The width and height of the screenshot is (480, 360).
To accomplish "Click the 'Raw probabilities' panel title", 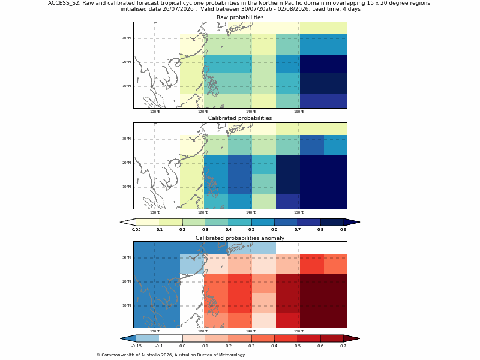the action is click(x=240, y=17).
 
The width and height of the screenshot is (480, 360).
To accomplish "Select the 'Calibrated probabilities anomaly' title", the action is click(x=240, y=238).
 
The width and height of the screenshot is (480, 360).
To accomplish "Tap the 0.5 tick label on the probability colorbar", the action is click(x=251, y=230).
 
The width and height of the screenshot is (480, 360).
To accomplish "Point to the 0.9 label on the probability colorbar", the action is click(x=343, y=230).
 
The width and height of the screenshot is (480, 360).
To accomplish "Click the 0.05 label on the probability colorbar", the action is click(x=136, y=230).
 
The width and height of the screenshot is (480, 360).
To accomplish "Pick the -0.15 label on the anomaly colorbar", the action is click(x=136, y=346).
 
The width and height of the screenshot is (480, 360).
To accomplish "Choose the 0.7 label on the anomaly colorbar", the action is click(x=343, y=346).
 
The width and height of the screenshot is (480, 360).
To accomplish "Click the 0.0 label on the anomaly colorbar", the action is click(x=182, y=346).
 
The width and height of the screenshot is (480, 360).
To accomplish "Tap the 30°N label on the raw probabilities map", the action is click(x=127, y=38).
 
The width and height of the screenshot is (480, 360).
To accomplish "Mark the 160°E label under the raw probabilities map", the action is click(x=299, y=112).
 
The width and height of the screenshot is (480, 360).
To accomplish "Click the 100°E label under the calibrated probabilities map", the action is click(x=155, y=212).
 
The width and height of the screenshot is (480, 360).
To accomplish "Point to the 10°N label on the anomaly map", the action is click(x=127, y=305).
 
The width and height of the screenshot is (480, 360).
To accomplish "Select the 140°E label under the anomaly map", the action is click(x=251, y=331).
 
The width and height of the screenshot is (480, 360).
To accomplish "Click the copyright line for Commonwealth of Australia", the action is click(x=170, y=355).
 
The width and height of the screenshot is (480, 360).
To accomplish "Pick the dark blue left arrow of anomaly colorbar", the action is click(x=128, y=338).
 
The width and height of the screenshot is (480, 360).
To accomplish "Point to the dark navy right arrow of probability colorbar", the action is click(x=352, y=222).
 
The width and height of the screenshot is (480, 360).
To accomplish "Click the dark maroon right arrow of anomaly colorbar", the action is click(x=352, y=338).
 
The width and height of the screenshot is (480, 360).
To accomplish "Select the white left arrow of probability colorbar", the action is click(x=128, y=222).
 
